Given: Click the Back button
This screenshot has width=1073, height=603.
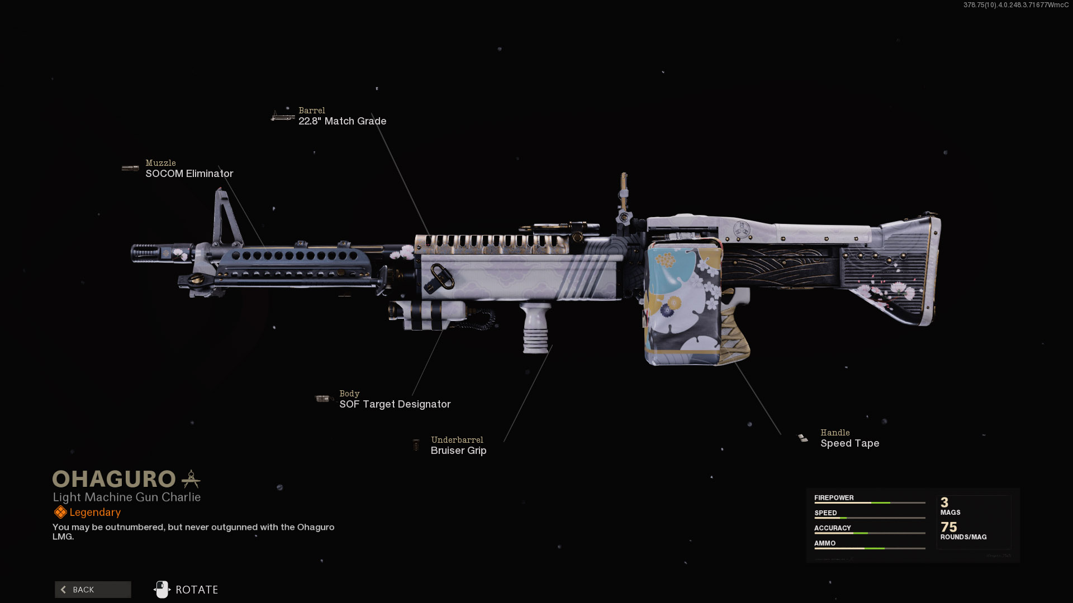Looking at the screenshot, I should pos(93,590).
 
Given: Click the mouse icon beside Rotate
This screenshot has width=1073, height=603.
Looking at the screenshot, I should pos(162,589).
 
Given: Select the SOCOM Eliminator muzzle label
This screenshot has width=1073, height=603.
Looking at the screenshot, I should pos(189,174).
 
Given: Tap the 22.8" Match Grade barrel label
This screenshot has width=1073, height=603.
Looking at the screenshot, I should pos(342,121).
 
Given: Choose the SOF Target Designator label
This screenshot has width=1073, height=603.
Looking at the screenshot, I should pos(395,404).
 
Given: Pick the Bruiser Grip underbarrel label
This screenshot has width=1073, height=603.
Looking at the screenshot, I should pos(458,451).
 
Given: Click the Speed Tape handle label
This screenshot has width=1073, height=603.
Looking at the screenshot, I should pos(849,443).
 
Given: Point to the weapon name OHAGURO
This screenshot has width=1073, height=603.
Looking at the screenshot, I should pos(114,479).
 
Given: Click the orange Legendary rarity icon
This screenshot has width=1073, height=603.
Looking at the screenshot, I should pos(60,512).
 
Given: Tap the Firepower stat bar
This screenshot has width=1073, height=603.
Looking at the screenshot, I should pos(870,503).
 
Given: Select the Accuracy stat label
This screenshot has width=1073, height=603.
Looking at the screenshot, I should pos(832,528).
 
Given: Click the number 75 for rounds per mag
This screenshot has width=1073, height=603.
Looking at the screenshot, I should pos(948,527).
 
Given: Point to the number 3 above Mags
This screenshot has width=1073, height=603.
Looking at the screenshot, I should pos(944,502).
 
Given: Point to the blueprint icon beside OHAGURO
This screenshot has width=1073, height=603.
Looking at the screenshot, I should pos(191,479).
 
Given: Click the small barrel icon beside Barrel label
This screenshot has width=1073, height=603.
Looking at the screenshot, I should pos(283,116).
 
